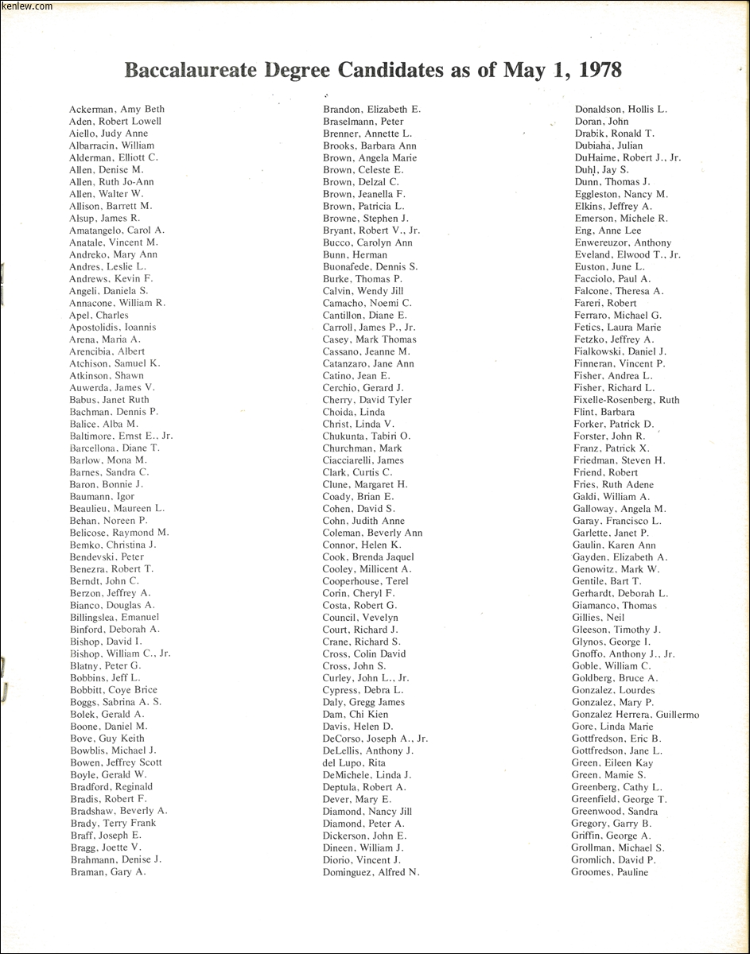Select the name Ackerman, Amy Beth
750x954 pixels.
click(117, 109)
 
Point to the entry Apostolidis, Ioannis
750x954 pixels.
click(113, 327)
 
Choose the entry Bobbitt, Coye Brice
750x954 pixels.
click(114, 690)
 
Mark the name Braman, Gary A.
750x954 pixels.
click(108, 871)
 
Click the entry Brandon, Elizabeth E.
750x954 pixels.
click(372, 109)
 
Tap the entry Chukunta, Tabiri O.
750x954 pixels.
click(367, 436)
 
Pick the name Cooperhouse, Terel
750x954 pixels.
click(365, 581)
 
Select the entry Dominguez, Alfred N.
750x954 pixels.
click(371, 871)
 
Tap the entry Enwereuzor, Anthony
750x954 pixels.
click(622, 242)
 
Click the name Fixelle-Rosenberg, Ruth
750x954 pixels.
click(626, 400)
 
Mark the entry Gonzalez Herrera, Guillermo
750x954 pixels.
click(635, 715)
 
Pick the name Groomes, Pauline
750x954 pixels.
click(610, 872)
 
